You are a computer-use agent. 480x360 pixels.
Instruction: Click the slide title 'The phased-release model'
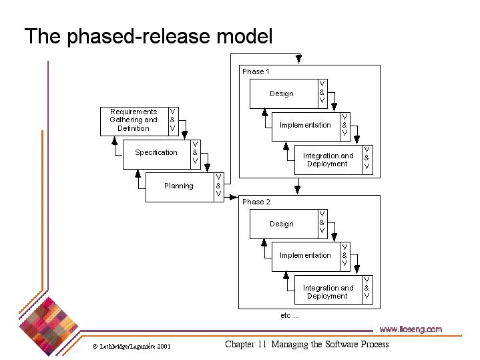148,36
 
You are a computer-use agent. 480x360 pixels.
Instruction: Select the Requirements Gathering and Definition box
134,120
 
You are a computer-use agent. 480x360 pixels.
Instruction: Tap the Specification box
156,152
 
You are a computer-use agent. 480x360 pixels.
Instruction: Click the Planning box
179,186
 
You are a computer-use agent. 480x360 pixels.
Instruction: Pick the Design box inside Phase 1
282,94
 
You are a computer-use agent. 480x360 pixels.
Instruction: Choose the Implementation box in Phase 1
305,125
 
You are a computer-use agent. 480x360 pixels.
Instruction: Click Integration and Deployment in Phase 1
328,160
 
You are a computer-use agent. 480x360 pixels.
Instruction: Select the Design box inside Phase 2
282,224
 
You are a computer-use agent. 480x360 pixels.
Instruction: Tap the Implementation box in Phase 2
305,255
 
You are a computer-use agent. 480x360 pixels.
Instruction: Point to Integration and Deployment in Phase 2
328,292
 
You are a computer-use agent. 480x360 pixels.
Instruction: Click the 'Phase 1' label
256,71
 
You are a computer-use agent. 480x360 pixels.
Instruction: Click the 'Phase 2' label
256,202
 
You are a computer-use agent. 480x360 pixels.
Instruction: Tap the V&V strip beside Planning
218,185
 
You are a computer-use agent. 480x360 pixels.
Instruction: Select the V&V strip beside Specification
195,152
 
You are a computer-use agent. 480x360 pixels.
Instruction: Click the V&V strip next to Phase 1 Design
322,92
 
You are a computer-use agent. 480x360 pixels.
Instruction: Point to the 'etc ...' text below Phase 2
289,315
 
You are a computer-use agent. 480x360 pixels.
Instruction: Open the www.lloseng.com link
410,329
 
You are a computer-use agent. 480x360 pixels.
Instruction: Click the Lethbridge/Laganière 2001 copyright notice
132,347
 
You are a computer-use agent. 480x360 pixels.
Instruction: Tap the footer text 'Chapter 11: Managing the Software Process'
306,345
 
